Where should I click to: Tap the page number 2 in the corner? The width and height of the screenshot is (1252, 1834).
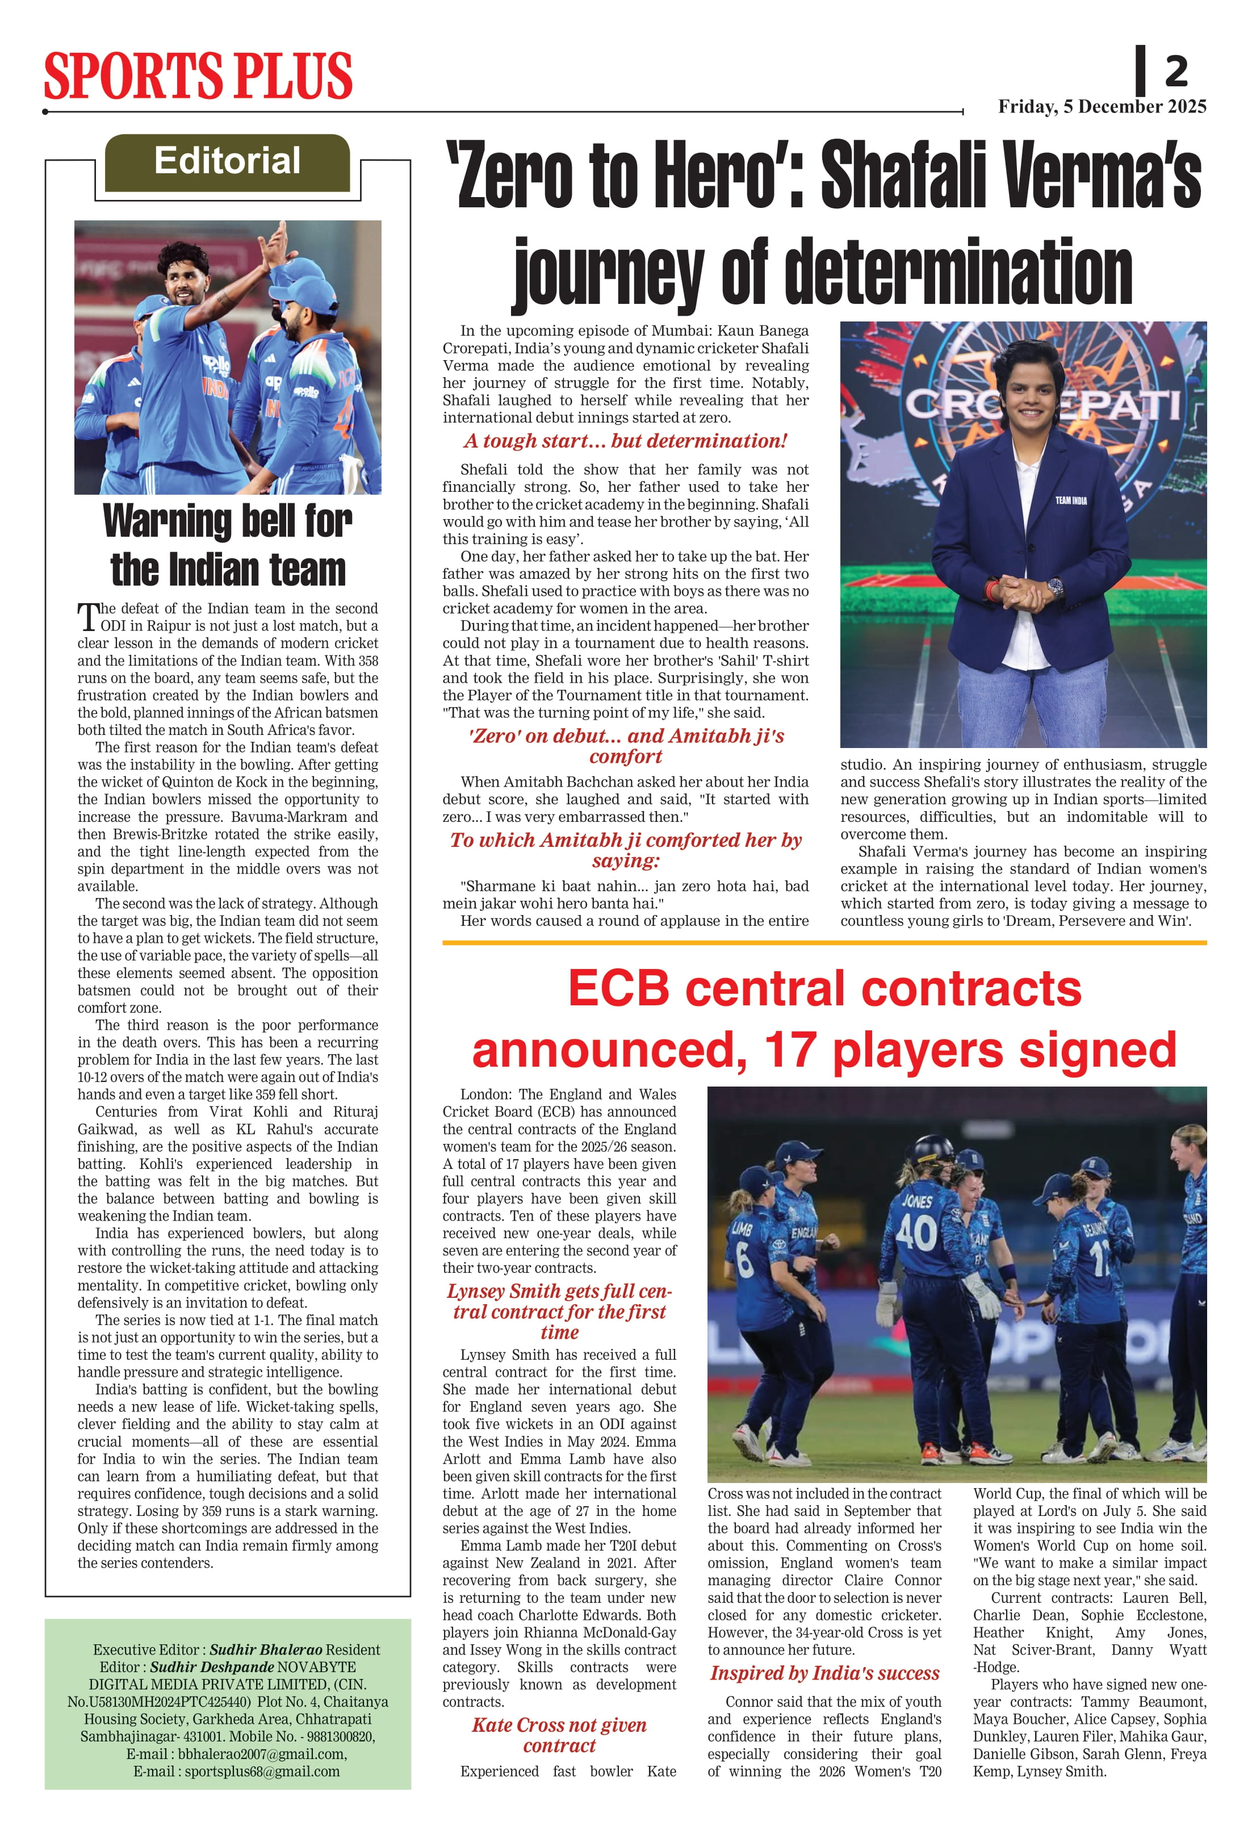point(1176,72)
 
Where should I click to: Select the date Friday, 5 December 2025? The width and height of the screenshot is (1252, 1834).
point(1102,107)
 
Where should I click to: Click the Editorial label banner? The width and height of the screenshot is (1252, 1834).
point(227,162)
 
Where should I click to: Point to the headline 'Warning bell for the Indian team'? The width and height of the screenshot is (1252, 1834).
point(227,545)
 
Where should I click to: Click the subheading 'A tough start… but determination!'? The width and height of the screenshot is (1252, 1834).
point(625,441)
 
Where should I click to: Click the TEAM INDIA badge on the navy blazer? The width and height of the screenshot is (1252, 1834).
point(1070,500)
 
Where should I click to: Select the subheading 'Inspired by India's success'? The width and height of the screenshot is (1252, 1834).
point(824,1673)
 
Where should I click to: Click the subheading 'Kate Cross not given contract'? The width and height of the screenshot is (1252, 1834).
point(559,1735)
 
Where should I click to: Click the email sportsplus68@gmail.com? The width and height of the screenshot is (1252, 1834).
point(262,1771)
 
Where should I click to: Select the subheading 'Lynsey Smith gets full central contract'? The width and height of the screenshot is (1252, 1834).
point(559,1311)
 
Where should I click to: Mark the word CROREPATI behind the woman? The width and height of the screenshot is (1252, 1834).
point(1041,405)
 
